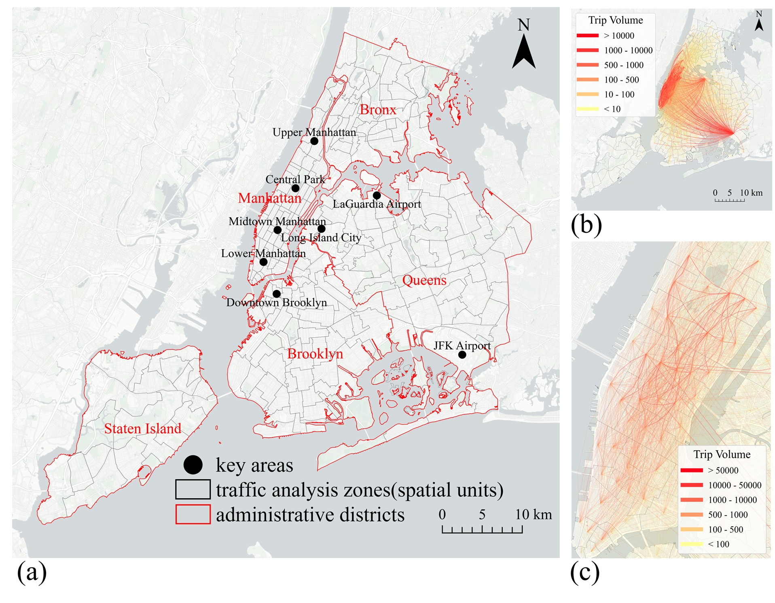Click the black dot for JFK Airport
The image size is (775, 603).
click(x=462, y=355)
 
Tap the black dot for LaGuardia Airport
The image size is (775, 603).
click(x=377, y=195)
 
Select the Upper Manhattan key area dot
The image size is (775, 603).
click(x=314, y=141)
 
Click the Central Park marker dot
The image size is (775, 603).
click(x=295, y=188)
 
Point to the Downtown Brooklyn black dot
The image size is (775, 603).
click(x=277, y=294)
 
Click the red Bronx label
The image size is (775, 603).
click(x=378, y=110)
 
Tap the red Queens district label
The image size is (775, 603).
click(x=424, y=280)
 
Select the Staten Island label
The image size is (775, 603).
click(x=142, y=429)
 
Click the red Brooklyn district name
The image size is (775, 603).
click(x=315, y=354)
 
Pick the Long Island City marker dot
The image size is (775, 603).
click(x=322, y=229)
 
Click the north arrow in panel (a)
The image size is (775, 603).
click(x=524, y=51)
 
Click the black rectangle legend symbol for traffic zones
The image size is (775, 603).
click(x=193, y=489)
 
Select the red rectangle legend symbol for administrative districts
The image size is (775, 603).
click(x=193, y=514)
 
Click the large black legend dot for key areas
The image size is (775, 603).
click(x=193, y=465)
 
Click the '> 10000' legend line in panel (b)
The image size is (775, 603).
click(x=587, y=36)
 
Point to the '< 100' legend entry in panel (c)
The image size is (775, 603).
click(x=692, y=544)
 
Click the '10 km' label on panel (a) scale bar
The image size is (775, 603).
click(x=533, y=515)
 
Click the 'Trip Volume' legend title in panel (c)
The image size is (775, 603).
click(x=722, y=455)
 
